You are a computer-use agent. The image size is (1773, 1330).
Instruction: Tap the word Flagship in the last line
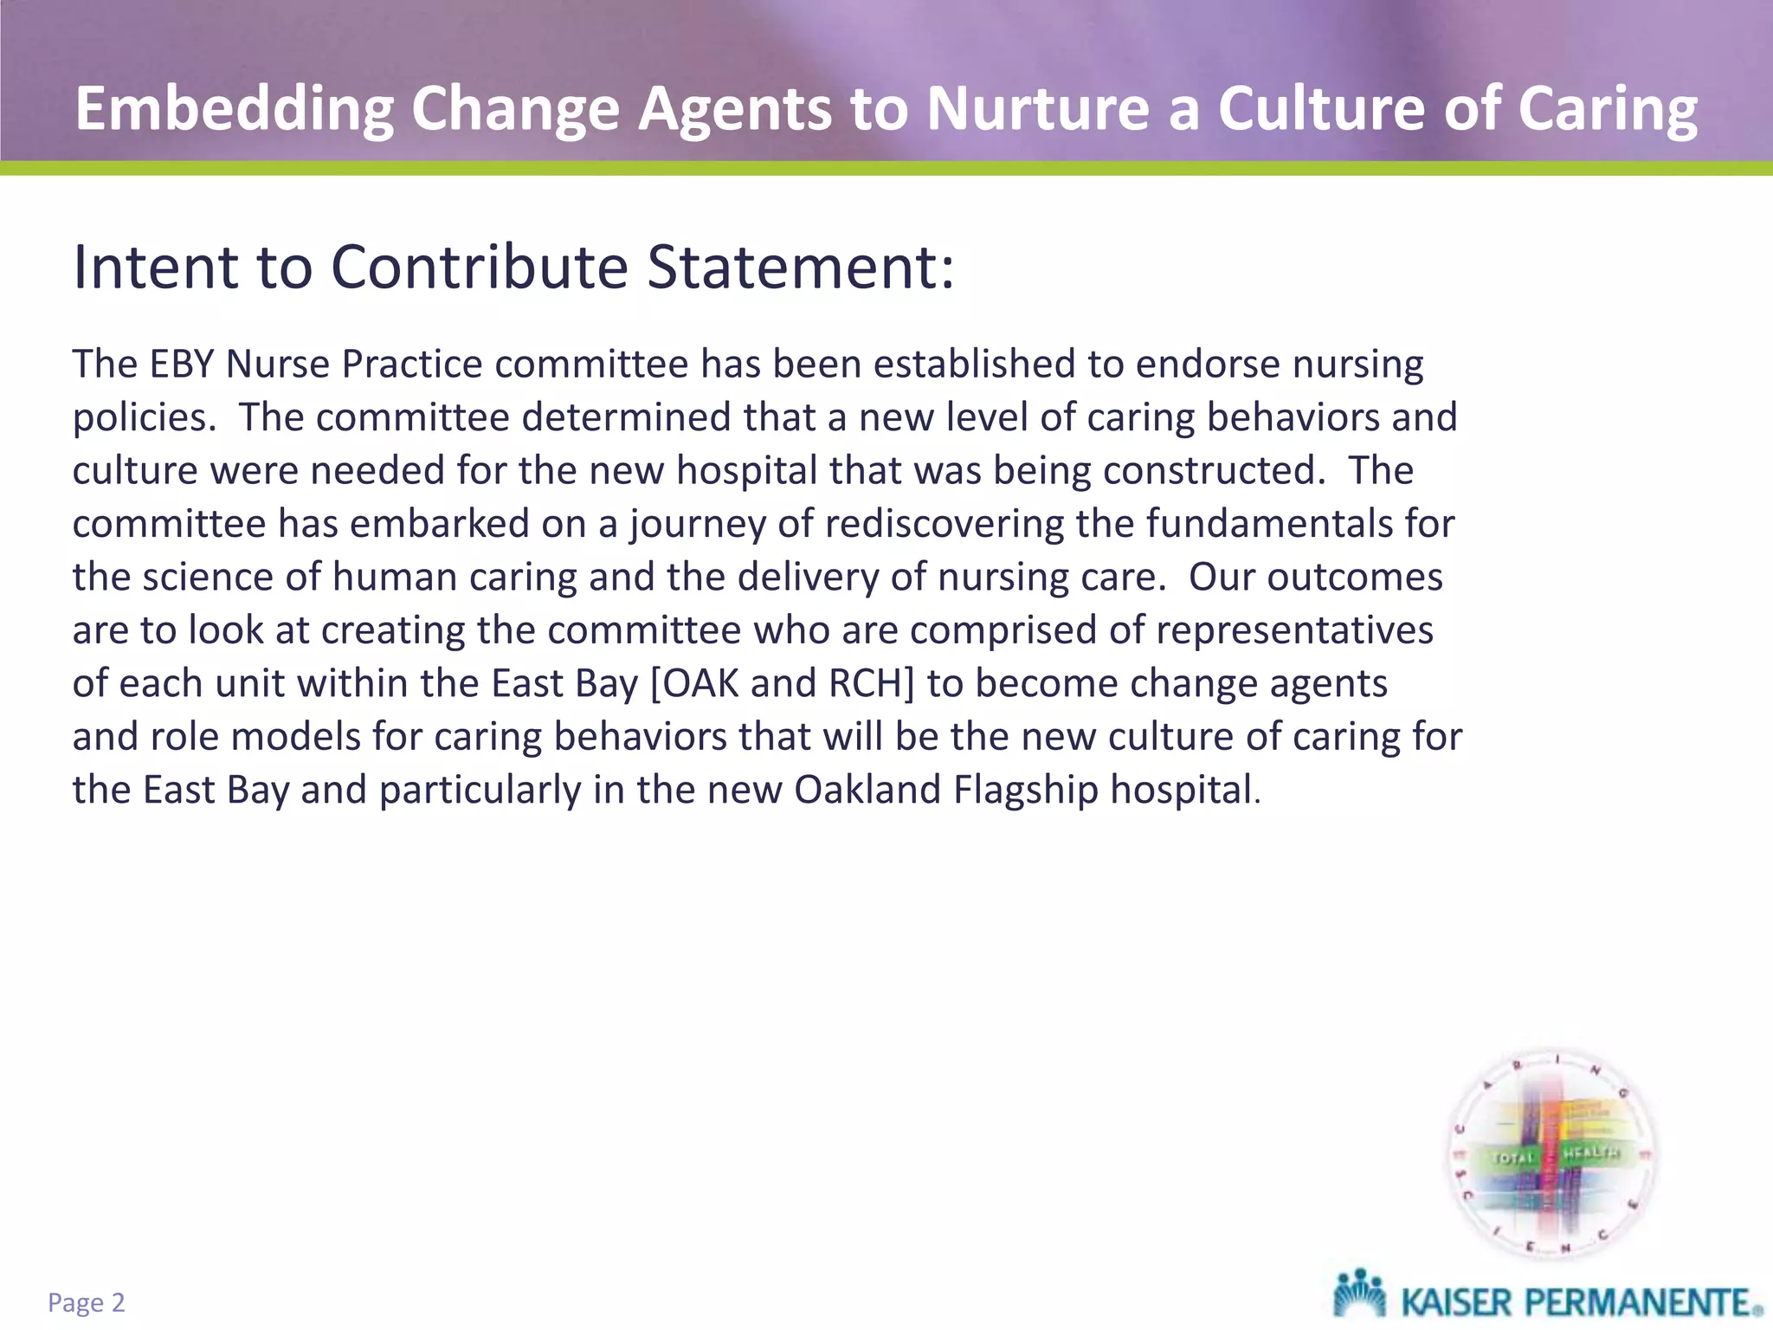click(1026, 790)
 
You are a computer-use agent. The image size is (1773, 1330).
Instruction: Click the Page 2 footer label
click(87, 1302)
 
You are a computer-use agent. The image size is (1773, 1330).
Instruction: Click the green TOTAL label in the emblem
click(1512, 1157)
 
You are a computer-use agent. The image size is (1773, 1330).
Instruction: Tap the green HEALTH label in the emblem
click(1590, 1152)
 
